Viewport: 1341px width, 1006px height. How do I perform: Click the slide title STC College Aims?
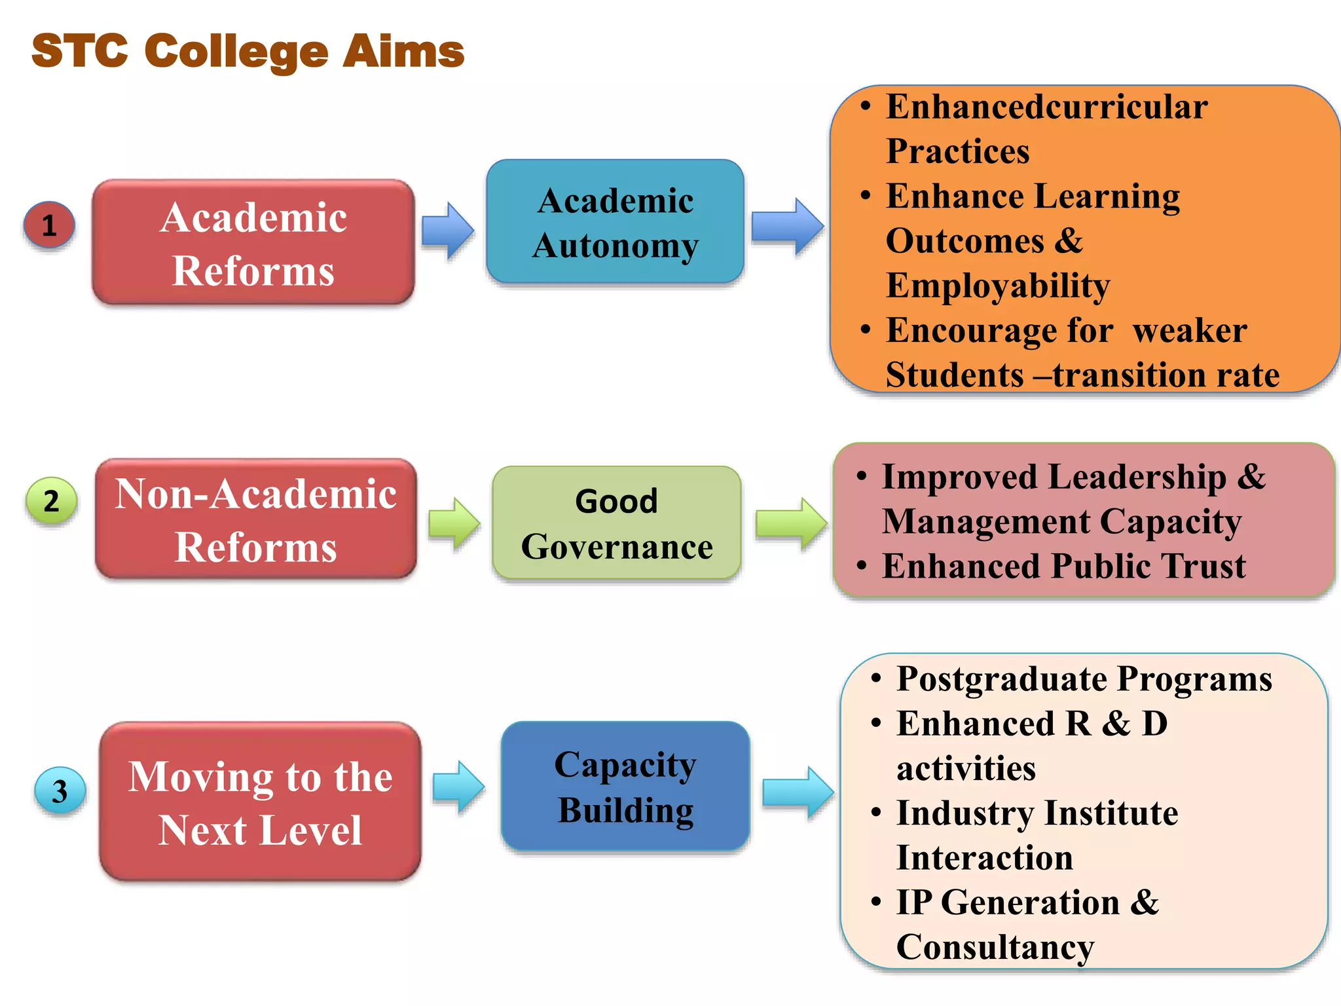(x=248, y=51)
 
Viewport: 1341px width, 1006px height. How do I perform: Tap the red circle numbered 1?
(x=49, y=225)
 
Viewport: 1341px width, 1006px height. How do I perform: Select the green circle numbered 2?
(x=51, y=501)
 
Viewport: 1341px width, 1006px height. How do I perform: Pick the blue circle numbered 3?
(x=60, y=791)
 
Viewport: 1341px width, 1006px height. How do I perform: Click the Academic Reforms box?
(x=253, y=242)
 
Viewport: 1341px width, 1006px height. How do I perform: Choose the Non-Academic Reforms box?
(x=256, y=519)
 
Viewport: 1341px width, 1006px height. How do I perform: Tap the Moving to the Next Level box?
(x=260, y=802)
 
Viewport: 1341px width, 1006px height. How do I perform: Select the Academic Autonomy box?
(x=615, y=222)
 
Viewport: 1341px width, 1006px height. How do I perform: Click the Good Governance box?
(x=617, y=523)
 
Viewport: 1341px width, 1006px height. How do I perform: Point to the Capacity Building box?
(x=625, y=787)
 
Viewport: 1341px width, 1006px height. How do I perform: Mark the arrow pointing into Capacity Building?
(x=458, y=787)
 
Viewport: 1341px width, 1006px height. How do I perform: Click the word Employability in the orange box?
(x=998, y=286)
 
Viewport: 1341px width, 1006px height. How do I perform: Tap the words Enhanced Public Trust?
(x=1063, y=567)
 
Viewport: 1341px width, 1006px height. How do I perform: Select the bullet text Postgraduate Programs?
(x=1084, y=679)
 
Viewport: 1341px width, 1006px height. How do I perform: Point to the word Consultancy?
(x=995, y=947)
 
